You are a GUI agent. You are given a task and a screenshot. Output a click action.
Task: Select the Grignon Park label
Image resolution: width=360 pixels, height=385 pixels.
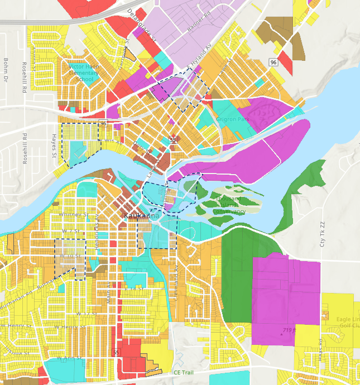pyautogui.click(x=233, y=119)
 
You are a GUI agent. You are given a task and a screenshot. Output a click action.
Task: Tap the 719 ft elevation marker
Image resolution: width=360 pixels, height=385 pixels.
pyautogui.click(x=289, y=331)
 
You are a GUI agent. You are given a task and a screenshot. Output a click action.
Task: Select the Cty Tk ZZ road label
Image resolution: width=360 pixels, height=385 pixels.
pyautogui.click(x=321, y=234)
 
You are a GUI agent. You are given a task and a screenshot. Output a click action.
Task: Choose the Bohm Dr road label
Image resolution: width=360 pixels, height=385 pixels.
pyautogui.click(x=6, y=68)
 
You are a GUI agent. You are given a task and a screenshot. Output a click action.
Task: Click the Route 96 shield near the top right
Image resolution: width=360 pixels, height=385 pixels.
pyautogui.click(x=272, y=62)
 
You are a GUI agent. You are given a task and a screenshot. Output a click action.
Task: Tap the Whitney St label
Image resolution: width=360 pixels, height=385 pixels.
pyautogui.click(x=75, y=214)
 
